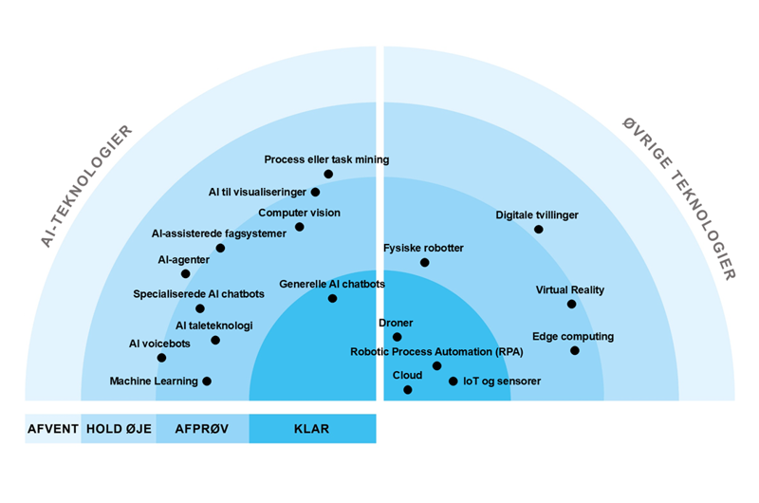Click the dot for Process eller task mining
coord(328,174)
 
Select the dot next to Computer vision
coord(300,227)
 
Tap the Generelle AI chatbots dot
coord(332,298)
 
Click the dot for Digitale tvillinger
coord(539,229)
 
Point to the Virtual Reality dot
coord(571,304)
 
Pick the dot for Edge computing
coord(574,350)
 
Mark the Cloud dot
coord(408,389)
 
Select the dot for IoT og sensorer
coord(453,382)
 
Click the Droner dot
coord(398,337)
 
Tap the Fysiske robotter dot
coord(424,262)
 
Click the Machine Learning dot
coord(207,381)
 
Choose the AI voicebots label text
coord(160,344)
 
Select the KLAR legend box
coord(312,428)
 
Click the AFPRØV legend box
coord(203,428)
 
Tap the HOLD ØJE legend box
coord(119,428)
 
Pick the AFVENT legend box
coord(53,428)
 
